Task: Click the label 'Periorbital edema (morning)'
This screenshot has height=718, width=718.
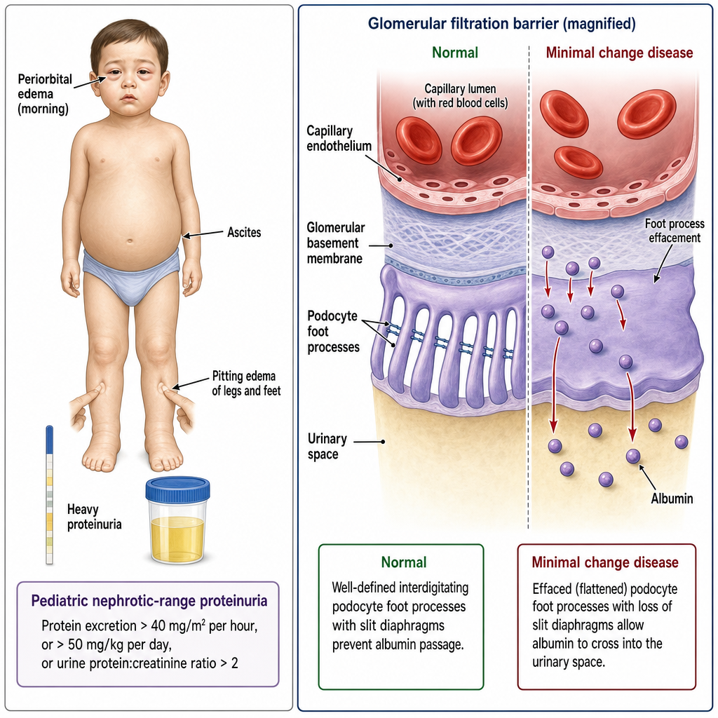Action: click(x=45, y=94)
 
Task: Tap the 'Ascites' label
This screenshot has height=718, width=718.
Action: click(x=244, y=233)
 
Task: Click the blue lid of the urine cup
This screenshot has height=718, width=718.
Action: click(x=177, y=489)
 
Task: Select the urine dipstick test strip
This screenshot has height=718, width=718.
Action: click(x=50, y=495)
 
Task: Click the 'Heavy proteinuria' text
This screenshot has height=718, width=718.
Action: click(x=95, y=517)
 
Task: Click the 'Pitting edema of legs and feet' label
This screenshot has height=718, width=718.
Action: click(x=246, y=384)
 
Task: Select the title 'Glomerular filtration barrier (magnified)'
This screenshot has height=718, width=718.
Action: click(x=501, y=23)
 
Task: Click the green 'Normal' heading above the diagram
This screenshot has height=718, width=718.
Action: click(x=454, y=53)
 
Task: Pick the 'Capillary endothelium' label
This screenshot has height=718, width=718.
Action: click(x=339, y=138)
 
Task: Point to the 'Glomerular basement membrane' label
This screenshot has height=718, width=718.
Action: click(x=336, y=243)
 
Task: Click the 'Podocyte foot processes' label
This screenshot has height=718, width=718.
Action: click(x=333, y=331)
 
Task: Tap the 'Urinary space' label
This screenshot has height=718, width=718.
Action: click(x=327, y=447)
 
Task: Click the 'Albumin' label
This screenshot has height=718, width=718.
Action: click(x=672, y=499)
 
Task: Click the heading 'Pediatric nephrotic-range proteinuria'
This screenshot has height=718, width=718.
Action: click(x=149, y=601)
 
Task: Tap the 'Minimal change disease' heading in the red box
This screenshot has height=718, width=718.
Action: click(x=605, y=562)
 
